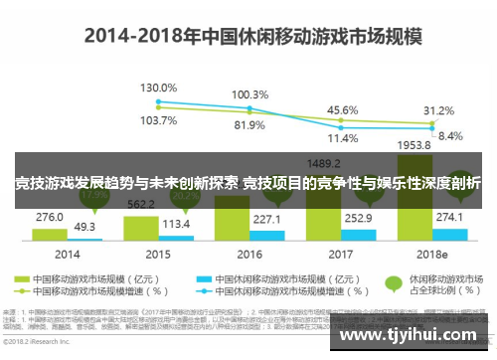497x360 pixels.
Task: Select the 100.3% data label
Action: coord(249,95)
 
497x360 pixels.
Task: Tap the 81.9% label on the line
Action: coord(249,125)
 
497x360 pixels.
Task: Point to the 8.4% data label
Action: coord(449,135)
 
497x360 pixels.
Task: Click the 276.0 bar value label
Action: coord(50,216)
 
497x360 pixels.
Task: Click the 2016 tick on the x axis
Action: coord(250,255)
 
